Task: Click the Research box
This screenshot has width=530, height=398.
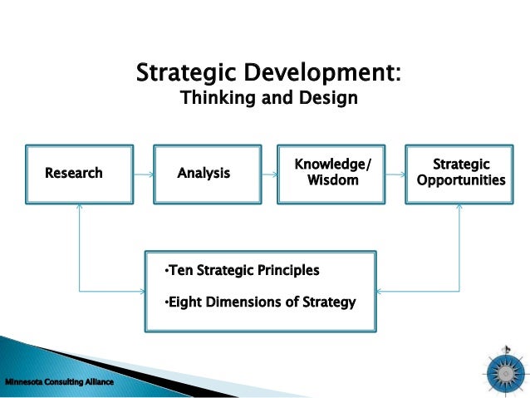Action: point(79,174)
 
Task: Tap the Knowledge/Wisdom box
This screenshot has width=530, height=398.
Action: point(333,174)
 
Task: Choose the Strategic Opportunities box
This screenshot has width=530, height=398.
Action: point(460,174)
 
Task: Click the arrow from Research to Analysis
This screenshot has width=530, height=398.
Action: point(143,174)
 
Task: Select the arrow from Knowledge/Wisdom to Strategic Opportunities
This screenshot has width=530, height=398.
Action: point(397,174)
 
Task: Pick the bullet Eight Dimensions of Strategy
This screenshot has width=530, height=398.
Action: point(260,302)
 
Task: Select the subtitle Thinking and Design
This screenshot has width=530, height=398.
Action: point(268,99)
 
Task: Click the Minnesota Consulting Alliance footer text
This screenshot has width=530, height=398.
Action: point(57,382)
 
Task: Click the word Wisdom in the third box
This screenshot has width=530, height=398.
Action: point(333,180)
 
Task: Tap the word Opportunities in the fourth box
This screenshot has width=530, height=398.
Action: point(460,180)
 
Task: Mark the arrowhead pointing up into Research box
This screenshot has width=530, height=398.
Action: point(80,209)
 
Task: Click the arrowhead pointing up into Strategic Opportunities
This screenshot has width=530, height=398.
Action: point(460,209)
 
